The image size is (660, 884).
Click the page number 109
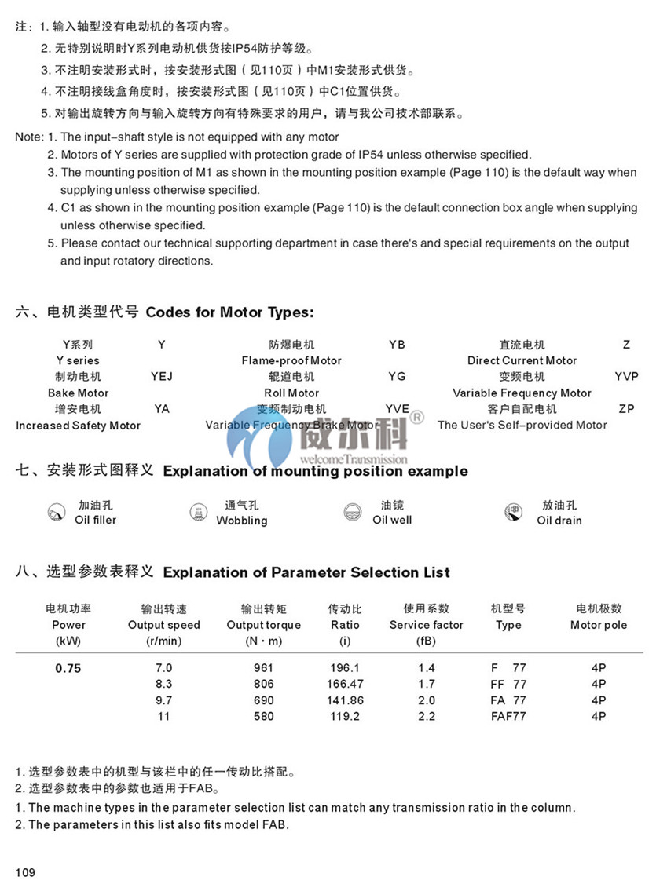25,872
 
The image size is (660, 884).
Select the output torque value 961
263,668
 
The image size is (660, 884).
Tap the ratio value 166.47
345,685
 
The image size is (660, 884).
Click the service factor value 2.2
426,716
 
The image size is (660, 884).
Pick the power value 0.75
68,669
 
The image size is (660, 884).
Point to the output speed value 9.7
163,700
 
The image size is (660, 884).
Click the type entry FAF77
508,716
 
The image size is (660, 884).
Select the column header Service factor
426,625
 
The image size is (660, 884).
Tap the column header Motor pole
598,625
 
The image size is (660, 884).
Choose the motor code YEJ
161,377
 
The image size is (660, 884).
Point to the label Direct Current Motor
522,361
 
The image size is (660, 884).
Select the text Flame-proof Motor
291,361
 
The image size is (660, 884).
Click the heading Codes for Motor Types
229,312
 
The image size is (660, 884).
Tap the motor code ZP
625,409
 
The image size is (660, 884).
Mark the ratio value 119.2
345,716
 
